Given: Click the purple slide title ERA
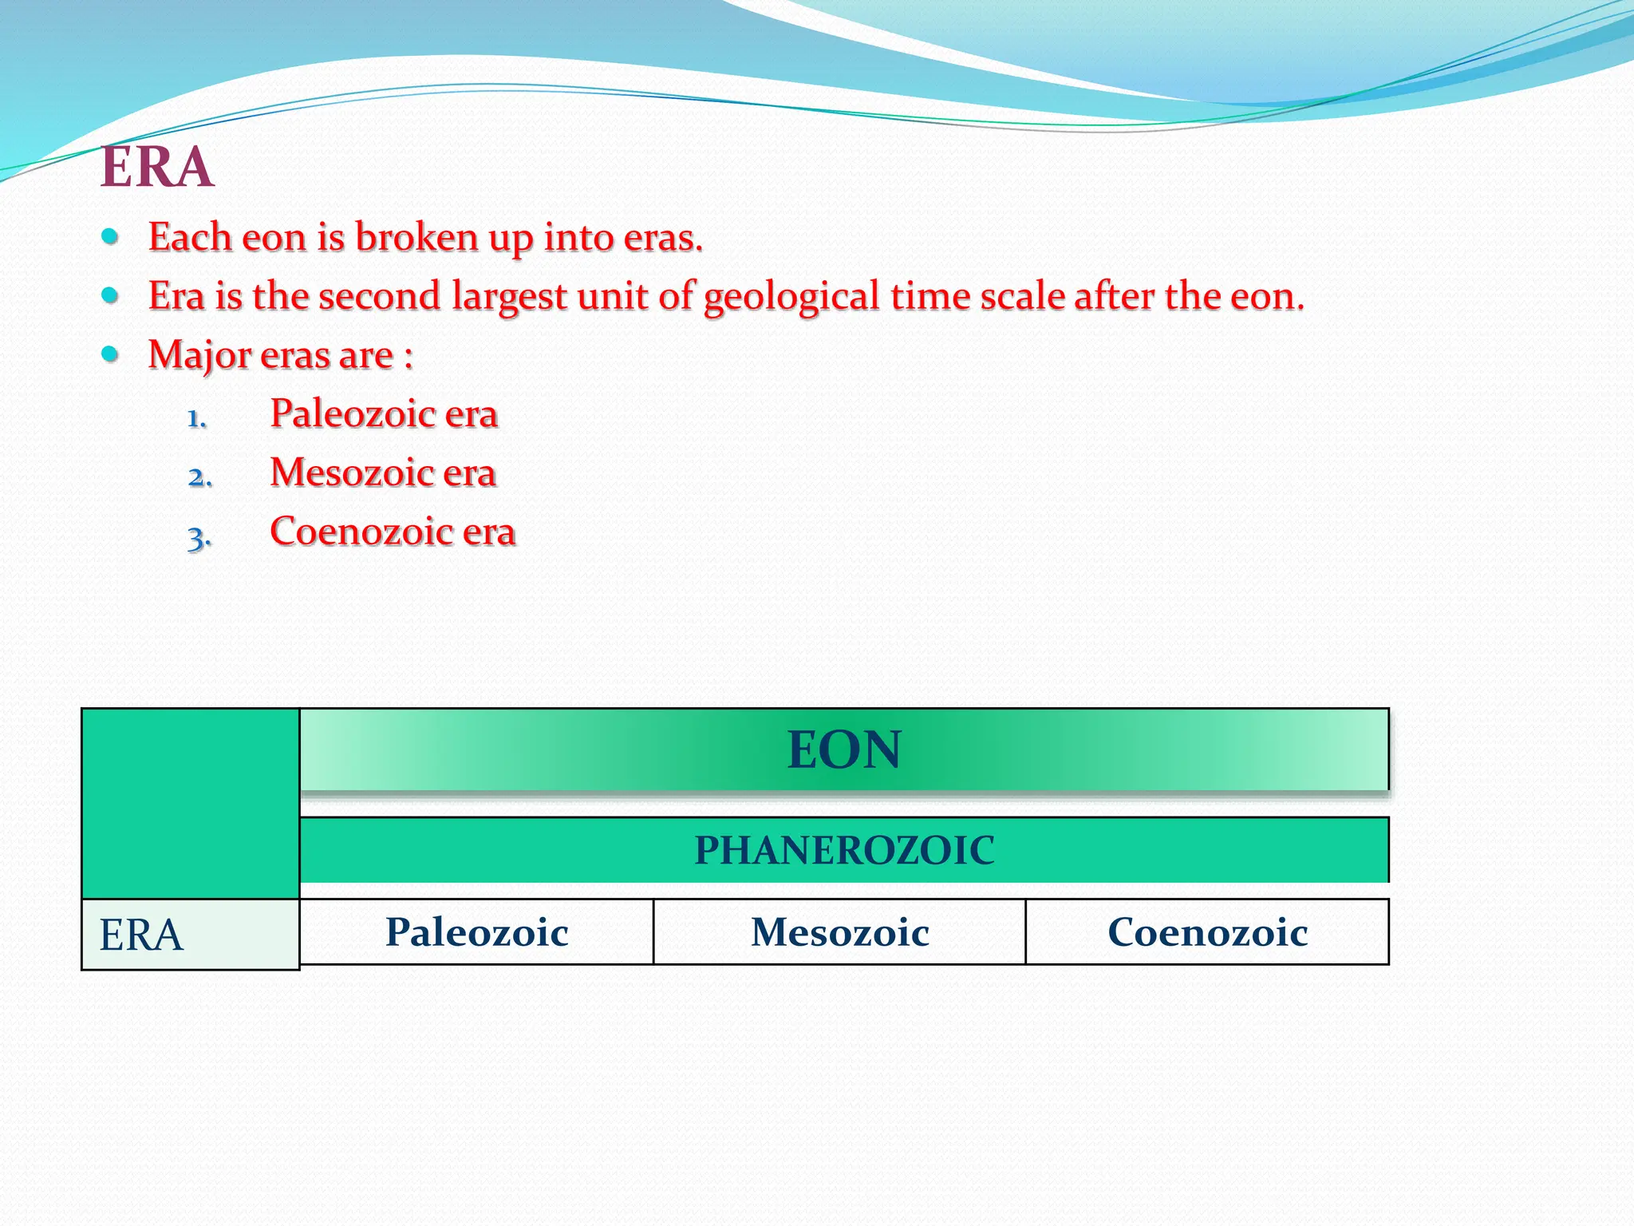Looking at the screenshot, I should click(157, 168).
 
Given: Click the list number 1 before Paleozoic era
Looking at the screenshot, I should click(196, 418).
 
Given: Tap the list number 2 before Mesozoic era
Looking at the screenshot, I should click(199, 477).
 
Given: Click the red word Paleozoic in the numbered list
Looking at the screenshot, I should click(351, 414).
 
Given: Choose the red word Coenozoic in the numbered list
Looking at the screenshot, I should click(360, 532).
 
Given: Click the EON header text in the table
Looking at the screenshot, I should click(844, 750).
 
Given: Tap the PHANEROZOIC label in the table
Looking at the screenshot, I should click(844, 850).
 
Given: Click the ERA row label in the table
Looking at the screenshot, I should click(141, 935).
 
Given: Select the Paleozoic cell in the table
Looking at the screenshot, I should click(477, 932).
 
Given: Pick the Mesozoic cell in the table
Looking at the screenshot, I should click(839, 932).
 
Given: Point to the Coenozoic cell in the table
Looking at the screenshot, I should click(1207, 932).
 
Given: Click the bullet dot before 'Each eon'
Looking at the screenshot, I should click(111, 237).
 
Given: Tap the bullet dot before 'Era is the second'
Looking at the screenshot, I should click(111, 296).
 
